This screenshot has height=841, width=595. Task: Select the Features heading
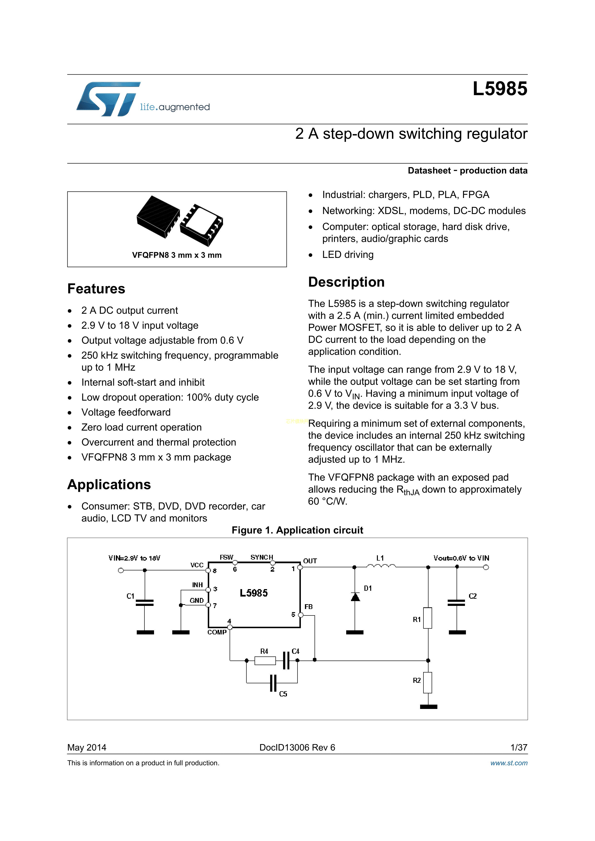click(96, 289)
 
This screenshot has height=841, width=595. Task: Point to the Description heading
click(346, 282)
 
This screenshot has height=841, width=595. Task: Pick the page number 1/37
click(518, 747)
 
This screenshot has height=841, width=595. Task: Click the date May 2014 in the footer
click(87, 747)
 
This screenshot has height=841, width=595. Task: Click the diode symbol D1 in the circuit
click(355, 597)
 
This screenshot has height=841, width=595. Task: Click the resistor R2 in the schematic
click(428, 682)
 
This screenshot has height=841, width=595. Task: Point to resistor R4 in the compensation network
click(265, 661)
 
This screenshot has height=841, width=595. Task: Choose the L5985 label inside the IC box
click(254, 593)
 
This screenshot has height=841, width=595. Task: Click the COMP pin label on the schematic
click(217, 632)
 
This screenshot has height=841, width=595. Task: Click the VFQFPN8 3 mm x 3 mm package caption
click(177, 255)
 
